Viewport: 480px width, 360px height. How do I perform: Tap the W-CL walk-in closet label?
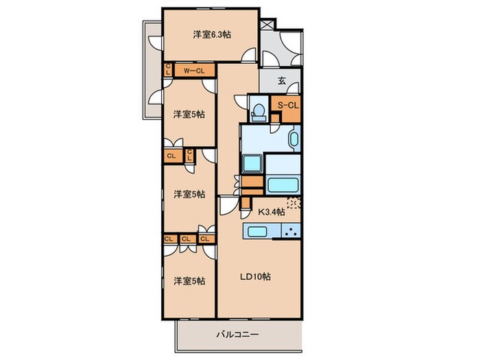194,70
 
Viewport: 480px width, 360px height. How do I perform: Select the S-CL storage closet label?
287,105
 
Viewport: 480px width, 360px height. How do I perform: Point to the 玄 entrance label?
281,80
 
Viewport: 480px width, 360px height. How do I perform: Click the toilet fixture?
259,111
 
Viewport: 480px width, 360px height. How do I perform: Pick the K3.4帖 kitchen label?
272,211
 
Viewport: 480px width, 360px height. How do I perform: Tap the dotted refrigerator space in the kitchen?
293,203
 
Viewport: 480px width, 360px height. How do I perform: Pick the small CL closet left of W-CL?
168,70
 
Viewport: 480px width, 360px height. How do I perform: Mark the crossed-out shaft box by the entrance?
265,22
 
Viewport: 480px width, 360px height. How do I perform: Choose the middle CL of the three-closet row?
186,239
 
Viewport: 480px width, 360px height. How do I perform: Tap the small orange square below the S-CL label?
274,119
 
